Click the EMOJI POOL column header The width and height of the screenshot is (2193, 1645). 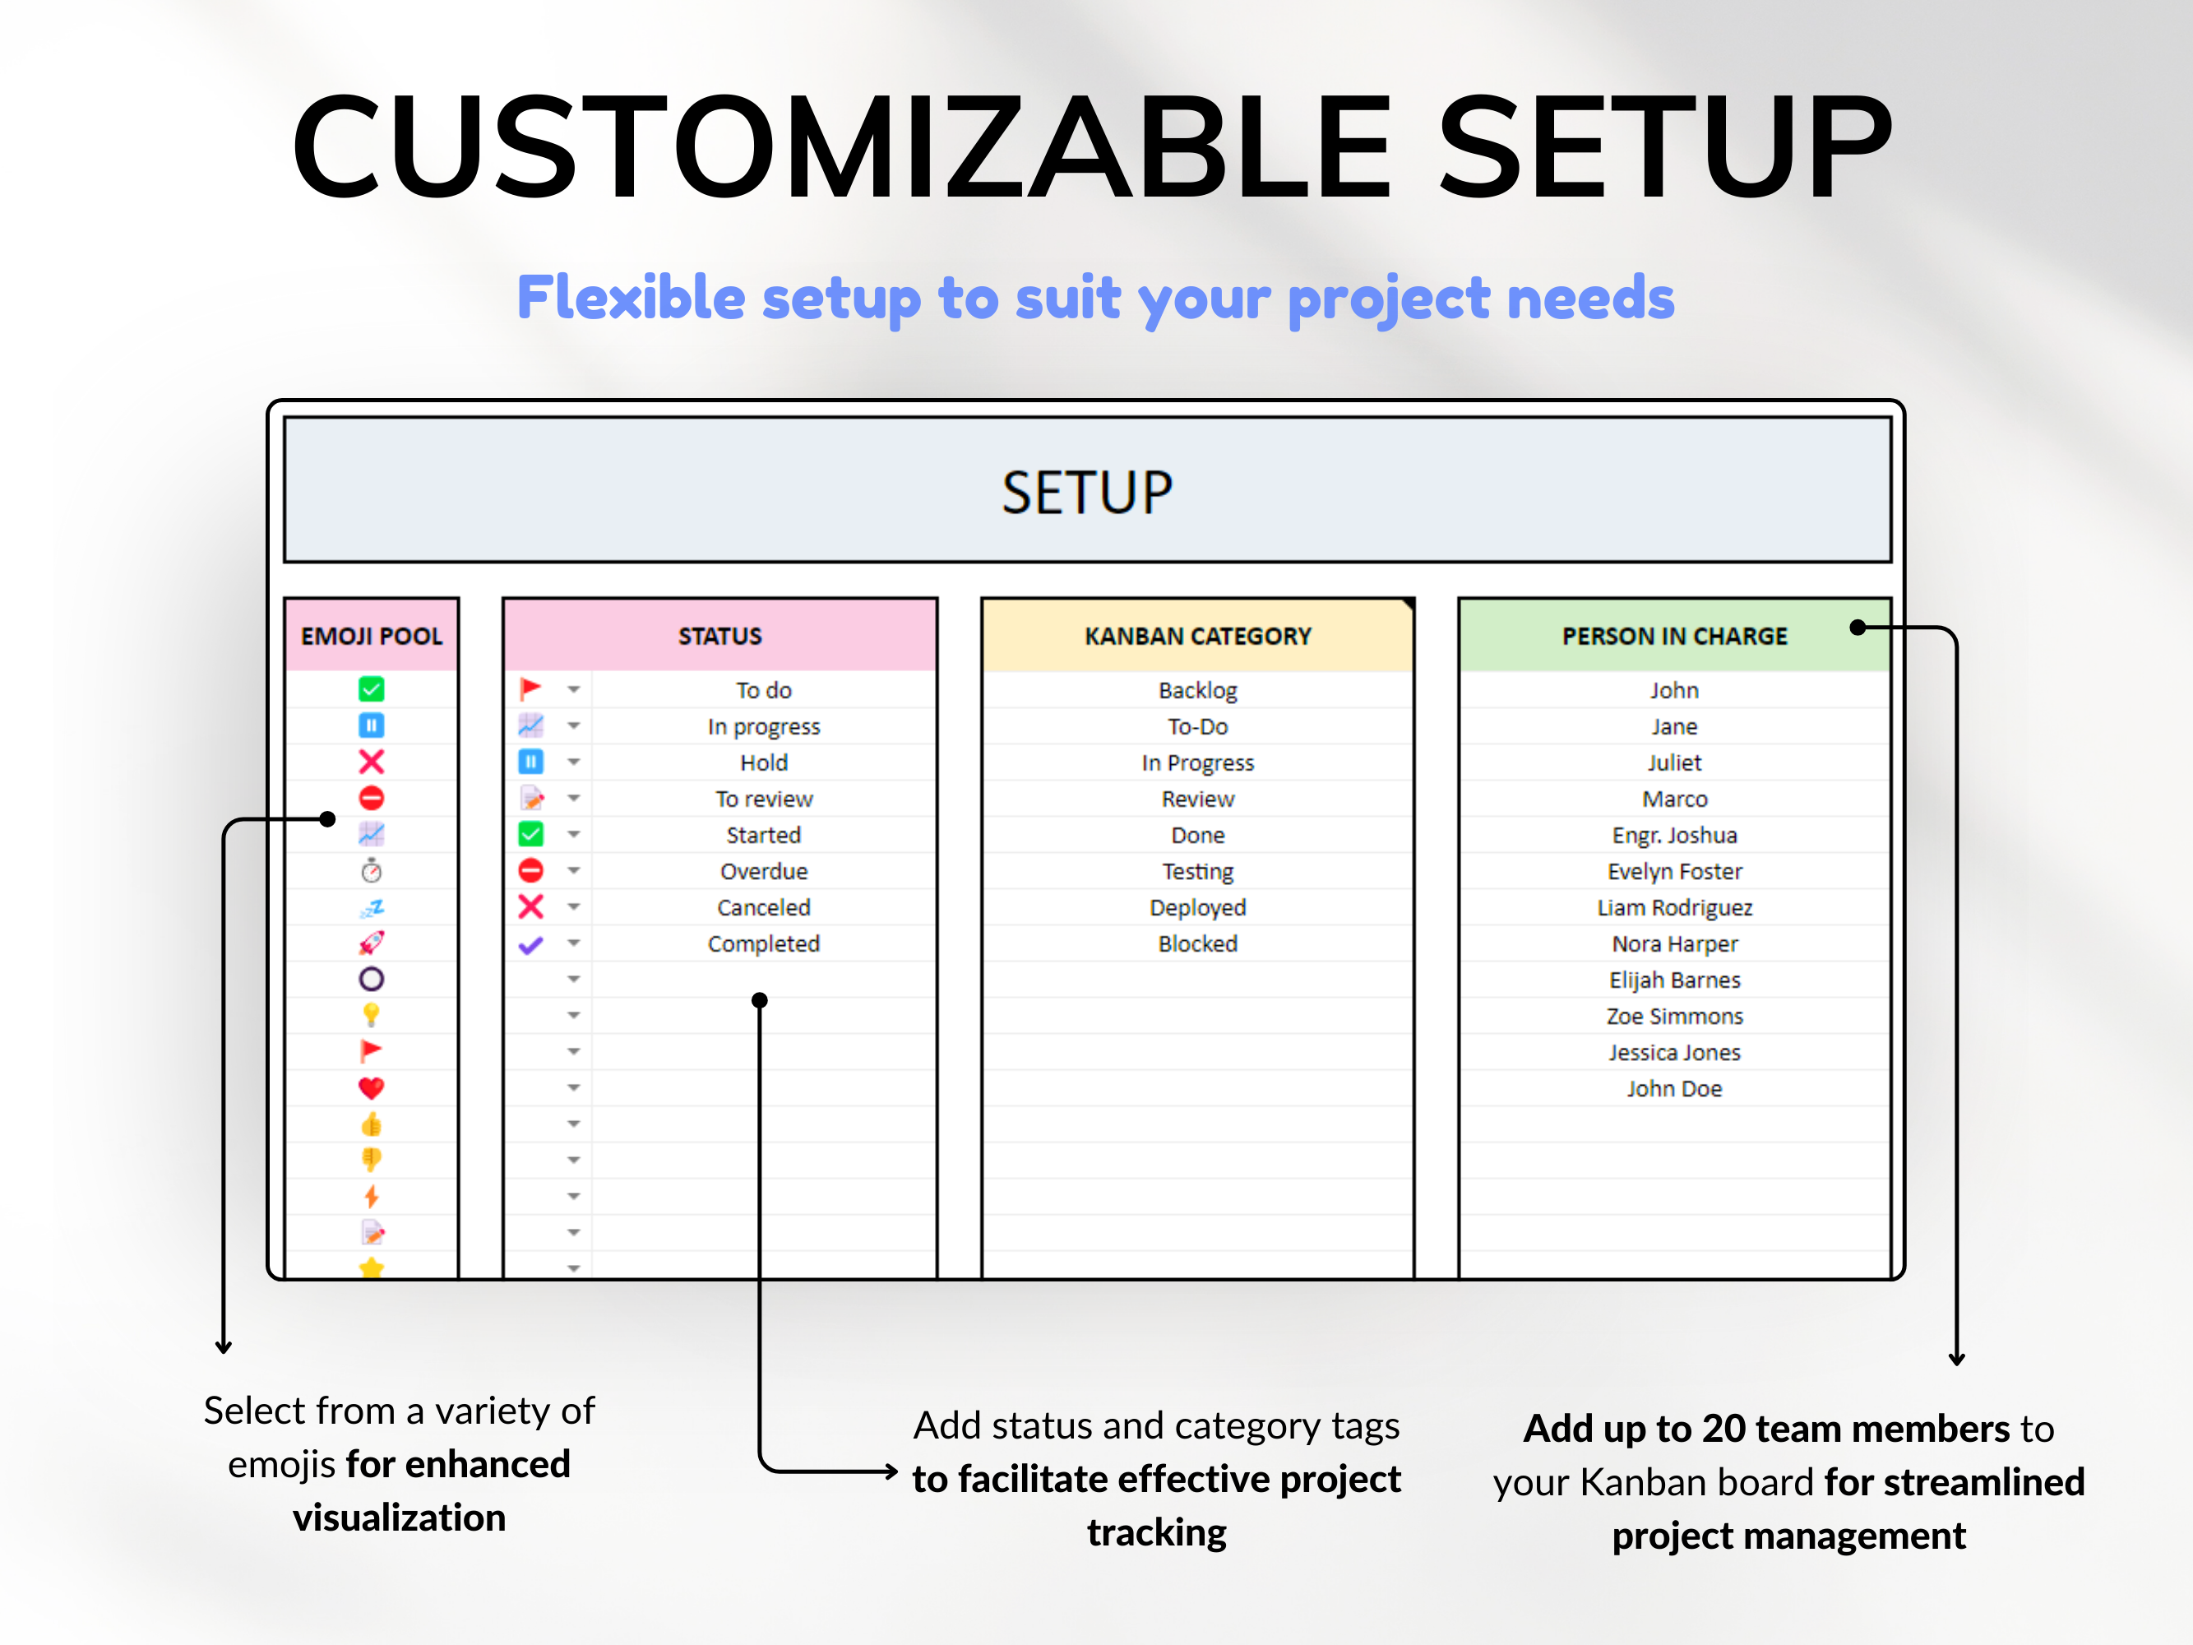click(371, 636)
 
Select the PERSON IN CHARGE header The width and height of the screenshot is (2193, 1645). click(1673, 636)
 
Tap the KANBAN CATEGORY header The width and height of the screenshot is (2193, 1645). click(1196, 636)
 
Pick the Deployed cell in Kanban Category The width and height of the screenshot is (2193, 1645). click(1196, 907)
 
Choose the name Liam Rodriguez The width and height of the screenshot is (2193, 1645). click(1673, 907)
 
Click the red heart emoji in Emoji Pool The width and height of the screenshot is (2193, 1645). click(371, 1087)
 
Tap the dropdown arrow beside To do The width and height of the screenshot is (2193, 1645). click(573, 689)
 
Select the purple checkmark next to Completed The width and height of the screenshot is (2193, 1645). click(530, 944)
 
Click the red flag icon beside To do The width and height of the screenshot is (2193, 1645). click(530, 688)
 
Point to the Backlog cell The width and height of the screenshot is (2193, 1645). click(1196, 690)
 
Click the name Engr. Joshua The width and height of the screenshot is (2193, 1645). click(1673, 835)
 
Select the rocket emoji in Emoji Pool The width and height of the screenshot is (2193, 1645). click(371, 943)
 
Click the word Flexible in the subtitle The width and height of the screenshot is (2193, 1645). click(631, 298)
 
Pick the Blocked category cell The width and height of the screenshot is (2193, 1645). click(1196, 944)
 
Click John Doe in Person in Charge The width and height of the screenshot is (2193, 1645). click(1673, 1089)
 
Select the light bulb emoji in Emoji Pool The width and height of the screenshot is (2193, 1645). click(371, 1014)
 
